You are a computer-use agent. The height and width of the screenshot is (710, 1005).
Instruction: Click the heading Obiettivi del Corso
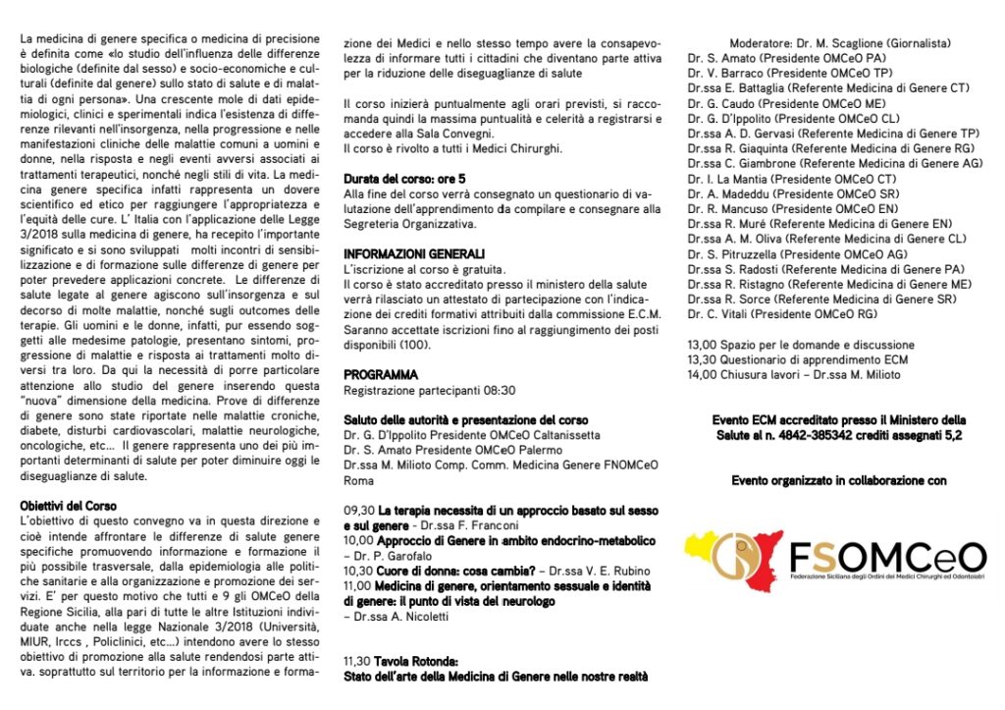(x=68, y=506)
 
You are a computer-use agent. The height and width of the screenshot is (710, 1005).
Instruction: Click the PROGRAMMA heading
(x=381, y=375)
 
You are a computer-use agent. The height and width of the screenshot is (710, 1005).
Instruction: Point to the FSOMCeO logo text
(x=887, y=557)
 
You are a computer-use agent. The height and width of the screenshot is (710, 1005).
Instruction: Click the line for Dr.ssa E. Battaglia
(x=828, y=88)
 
